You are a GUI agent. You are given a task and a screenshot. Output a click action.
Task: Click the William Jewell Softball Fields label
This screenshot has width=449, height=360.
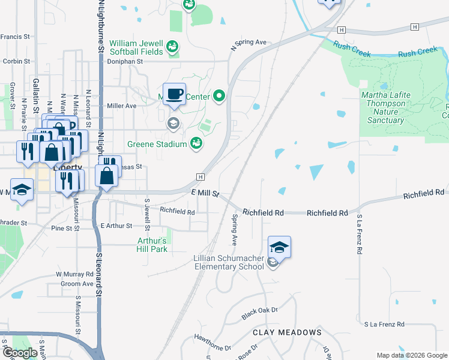[x=136, y=47]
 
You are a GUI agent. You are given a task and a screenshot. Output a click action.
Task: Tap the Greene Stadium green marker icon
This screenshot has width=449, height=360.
[x=196, y=143]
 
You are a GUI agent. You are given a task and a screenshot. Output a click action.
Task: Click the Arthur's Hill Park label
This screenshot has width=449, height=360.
[x=152, y=245]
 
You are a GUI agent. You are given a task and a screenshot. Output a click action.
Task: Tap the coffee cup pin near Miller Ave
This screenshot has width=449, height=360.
[x=174, y=94]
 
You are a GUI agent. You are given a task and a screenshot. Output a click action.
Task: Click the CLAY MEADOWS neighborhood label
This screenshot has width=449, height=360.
[x=287, y=332]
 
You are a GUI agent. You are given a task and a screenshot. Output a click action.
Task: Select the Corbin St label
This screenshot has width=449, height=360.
[x=16, y=61]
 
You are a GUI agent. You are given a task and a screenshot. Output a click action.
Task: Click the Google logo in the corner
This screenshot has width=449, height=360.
[x=20, y=353]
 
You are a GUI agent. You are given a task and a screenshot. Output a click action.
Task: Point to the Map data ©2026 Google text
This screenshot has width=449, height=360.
[x=411, y=355]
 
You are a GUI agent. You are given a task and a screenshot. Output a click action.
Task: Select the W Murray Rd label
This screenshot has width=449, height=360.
[x=75, y=274]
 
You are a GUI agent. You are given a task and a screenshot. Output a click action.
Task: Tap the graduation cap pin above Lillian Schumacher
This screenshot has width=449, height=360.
[x=279, y=247]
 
